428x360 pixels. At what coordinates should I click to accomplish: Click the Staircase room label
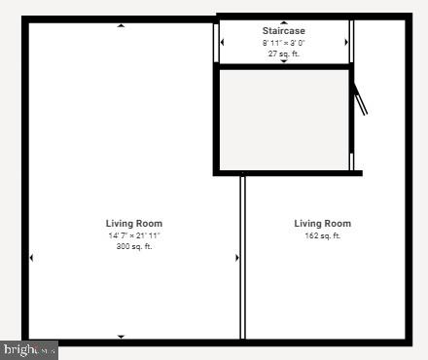coord(283,31)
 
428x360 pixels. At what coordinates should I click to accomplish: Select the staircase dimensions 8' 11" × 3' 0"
coord(283,43)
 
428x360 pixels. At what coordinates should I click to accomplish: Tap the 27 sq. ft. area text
coord(283,54)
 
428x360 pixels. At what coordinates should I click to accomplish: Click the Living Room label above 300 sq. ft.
coord(134,224)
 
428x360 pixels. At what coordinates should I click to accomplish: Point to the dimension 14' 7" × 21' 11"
coord(134,235)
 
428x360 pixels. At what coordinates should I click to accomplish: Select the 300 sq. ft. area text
coord(134,246)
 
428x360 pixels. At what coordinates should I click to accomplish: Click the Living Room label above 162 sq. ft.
coord(323,224)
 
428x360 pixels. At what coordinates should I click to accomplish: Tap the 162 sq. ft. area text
coord(323,235)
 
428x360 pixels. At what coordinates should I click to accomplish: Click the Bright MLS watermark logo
coord(29,349)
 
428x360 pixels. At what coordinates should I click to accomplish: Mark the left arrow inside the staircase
coord(223,43)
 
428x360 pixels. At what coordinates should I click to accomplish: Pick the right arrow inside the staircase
coord(346,43)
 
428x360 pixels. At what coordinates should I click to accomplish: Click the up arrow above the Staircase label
coord(284,21)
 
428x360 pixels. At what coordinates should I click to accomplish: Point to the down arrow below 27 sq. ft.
coord(284,61)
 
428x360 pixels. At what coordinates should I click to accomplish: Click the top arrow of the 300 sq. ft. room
coord(121,25)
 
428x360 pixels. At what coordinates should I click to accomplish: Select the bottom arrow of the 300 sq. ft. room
coord(121,337)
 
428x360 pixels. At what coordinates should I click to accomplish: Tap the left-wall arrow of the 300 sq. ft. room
coord(31,258)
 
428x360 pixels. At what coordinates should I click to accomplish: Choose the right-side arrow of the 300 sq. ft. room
coord(236,258)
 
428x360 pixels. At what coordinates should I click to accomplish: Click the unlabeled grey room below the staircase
coord(283,119)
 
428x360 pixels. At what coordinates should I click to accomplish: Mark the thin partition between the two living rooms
coord(242,258)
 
